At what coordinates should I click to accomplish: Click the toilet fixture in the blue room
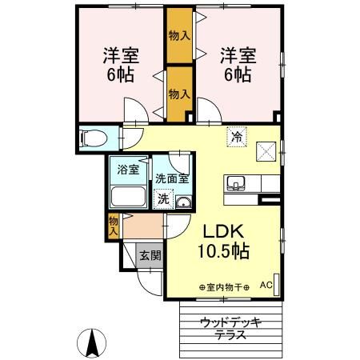click(x=90, y=137)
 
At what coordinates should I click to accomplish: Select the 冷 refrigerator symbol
click(x=237, y=137)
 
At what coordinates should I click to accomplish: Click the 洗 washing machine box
click(x=162, y=198)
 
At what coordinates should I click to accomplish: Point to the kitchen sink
click(x=237, y=184)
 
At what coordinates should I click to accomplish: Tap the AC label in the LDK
click(x=266, y=285)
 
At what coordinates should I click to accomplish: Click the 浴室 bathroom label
click(x=128, y=170)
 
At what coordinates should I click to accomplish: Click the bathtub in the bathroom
click(x=128, y=198)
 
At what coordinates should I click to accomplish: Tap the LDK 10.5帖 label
click(x=224, y=241)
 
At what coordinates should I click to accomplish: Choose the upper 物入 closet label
click(x=179, y=35)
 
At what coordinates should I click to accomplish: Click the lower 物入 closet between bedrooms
click(x=179, y=94)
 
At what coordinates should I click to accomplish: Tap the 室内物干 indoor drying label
click(x=224, y=286)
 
